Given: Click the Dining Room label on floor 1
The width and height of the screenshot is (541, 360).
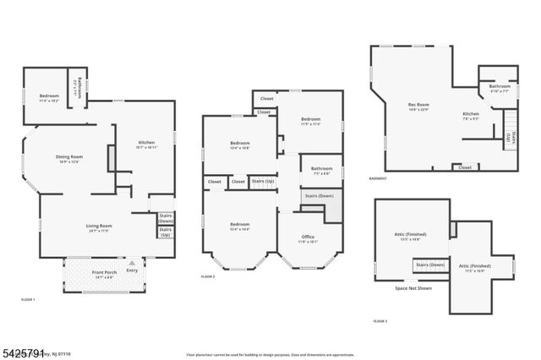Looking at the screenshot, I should pos(69,158).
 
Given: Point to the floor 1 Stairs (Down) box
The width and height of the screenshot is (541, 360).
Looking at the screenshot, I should pos(166,217).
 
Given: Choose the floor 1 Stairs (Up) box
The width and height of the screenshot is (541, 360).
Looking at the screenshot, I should pos(166,231).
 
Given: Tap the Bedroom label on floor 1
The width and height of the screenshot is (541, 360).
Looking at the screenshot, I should pos(48,96).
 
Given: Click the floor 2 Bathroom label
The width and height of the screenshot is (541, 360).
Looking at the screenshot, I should pos(321,169).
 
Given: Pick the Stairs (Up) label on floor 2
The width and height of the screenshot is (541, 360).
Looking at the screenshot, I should pos(263,181).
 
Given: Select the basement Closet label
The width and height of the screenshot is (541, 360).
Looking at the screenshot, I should pos(464,167).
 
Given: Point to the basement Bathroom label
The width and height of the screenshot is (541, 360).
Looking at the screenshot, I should pos(498,86).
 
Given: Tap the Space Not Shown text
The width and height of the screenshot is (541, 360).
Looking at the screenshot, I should pos(414,289).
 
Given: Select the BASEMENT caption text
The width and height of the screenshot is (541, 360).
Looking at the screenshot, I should pos(378,178).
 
